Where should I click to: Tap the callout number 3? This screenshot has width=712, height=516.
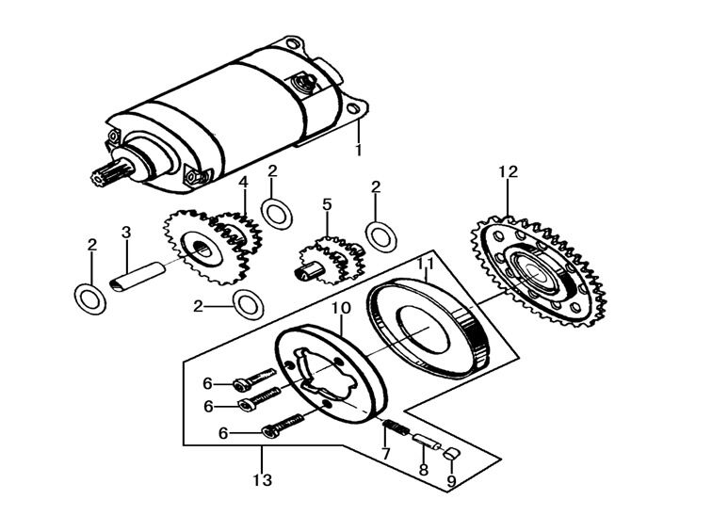pos(125,233)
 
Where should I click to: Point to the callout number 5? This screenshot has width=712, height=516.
pos(327,203)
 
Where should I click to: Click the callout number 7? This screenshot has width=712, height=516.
pos(384,455)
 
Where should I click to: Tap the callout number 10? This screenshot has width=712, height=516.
pos(339,308)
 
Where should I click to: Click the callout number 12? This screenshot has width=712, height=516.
pos(509,172)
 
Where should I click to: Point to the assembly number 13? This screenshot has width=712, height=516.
pos(262,480)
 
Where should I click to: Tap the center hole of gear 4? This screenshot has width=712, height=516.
pos(202,250)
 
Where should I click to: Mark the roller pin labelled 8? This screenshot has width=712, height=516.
pos(426,442)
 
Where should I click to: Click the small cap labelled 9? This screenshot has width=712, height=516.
pos(451,455)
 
